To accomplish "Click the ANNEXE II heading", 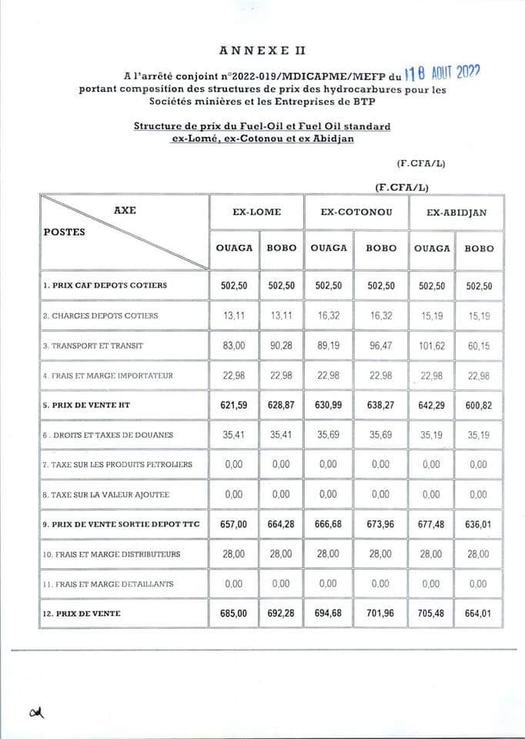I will [262, 52].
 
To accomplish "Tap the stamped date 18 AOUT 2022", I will [443, 74].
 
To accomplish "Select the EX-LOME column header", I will [257, 212].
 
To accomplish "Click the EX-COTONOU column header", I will [356, 212].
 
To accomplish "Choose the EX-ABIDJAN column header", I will [456, 212].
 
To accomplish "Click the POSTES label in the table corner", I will [65, 231].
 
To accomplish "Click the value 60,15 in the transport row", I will [478, 346].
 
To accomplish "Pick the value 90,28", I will [281, 346].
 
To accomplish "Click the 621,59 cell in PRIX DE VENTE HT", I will [233, 405].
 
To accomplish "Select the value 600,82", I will [478, 405].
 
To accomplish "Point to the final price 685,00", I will [233, 614].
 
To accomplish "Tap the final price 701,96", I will [381, 614].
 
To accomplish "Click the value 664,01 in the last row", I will [478, 614].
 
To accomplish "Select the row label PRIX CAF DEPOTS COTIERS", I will [105, 286].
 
